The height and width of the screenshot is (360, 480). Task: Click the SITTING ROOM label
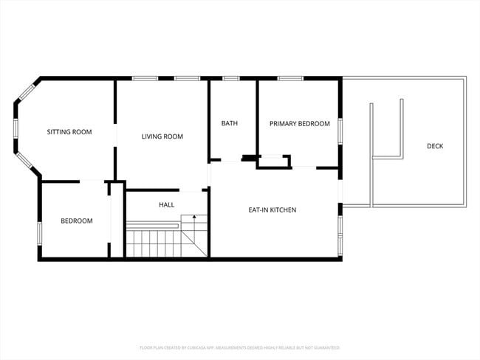[69, 132]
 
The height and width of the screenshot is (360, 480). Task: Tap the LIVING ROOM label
[162, 136]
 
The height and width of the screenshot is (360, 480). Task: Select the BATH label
[229, 123]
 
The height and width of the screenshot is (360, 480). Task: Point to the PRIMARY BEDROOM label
[299, 124]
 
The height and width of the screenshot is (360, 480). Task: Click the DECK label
[435, 146]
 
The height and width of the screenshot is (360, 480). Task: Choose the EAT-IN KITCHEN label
[272, 210]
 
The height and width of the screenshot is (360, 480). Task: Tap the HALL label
[166, 204]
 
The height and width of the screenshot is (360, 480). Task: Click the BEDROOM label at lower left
[77, 221]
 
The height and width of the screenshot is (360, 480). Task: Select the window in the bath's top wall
[231, 78]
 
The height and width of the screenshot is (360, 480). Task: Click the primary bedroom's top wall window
[290, 78]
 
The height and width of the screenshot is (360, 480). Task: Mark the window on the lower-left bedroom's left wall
[39, 232]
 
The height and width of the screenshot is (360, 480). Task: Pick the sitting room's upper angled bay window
[27, 92]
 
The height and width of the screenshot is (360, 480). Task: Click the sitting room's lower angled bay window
[26, 164]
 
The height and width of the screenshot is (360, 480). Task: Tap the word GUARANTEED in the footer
[326, 347]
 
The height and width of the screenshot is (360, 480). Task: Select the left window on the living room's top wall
[143, 78]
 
